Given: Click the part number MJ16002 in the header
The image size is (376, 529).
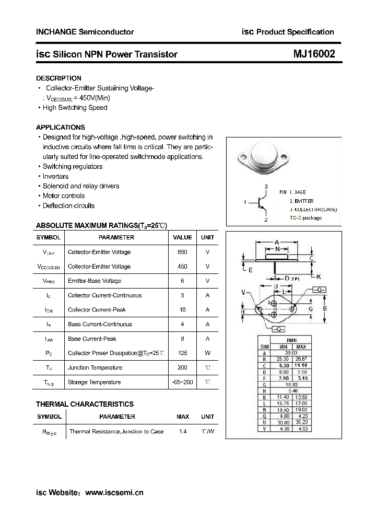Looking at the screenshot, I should (x=313, y=54).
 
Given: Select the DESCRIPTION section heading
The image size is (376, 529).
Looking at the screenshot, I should (x=58, y=78).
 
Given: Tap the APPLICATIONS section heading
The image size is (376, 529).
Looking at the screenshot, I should (x=60, y=127).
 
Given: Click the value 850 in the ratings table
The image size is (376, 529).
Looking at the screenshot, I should (x=182, y=252).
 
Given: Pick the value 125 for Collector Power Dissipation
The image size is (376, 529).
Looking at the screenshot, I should (x=182, y=353).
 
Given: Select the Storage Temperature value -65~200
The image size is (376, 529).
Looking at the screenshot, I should (x=182, y=383).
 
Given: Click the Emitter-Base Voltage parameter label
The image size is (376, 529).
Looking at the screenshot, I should (x=95, y=281).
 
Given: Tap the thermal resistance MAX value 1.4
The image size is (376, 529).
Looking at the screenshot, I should (x=183, y=432).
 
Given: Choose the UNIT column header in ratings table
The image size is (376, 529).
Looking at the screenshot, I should (x=207, y=237).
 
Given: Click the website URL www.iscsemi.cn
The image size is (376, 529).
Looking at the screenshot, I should (x=114, y=492).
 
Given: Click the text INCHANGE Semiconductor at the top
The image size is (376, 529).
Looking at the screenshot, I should (x=85, y=32).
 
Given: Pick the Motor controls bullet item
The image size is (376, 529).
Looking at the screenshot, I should (x=63, y=196).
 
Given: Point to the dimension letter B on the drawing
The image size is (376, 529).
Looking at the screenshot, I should (x=324, y=309).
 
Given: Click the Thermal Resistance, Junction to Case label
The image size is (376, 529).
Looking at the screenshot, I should (x=116, y=432).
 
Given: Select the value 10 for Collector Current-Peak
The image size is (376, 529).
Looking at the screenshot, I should (x=182, y=310).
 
